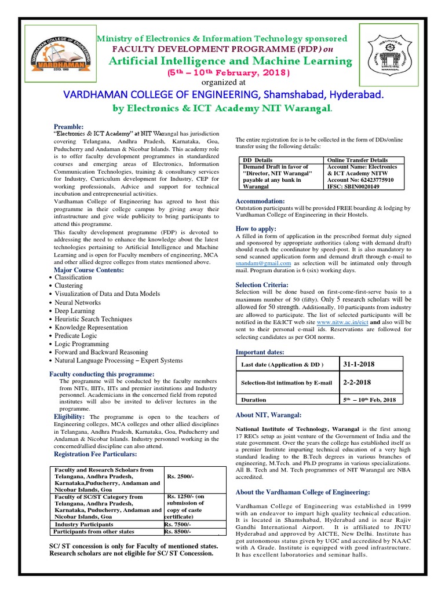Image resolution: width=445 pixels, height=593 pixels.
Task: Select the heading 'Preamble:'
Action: click(x=68, y=126)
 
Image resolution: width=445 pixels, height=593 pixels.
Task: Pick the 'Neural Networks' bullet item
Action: click(x=78, y=302)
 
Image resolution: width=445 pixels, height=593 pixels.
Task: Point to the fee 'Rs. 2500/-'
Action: click(x=180, y=476)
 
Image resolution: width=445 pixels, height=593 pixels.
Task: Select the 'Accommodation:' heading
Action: click(x=260, y=200)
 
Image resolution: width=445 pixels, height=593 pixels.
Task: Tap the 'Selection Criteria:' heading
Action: click(x=262, y=285)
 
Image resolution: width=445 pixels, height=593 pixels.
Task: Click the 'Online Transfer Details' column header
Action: click(x=358, y=160)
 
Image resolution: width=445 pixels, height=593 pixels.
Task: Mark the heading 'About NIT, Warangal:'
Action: click(x=268, y=414)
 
